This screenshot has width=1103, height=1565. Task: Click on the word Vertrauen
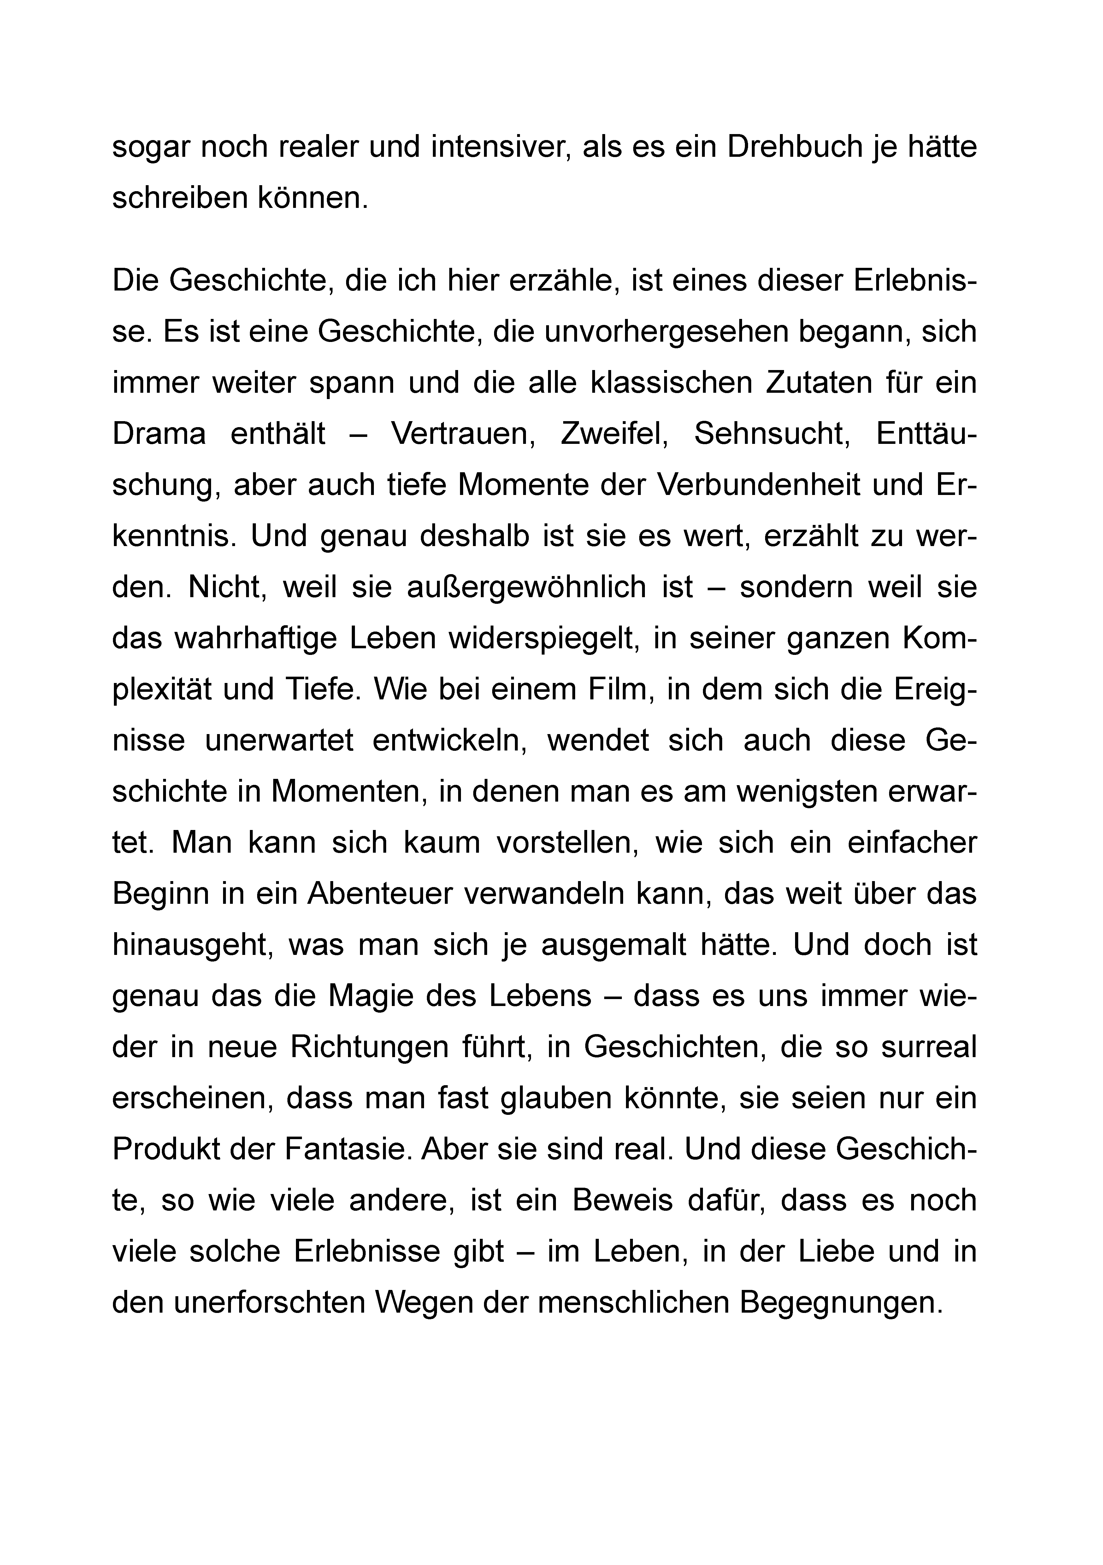463,434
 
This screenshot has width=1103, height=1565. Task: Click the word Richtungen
370,1048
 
